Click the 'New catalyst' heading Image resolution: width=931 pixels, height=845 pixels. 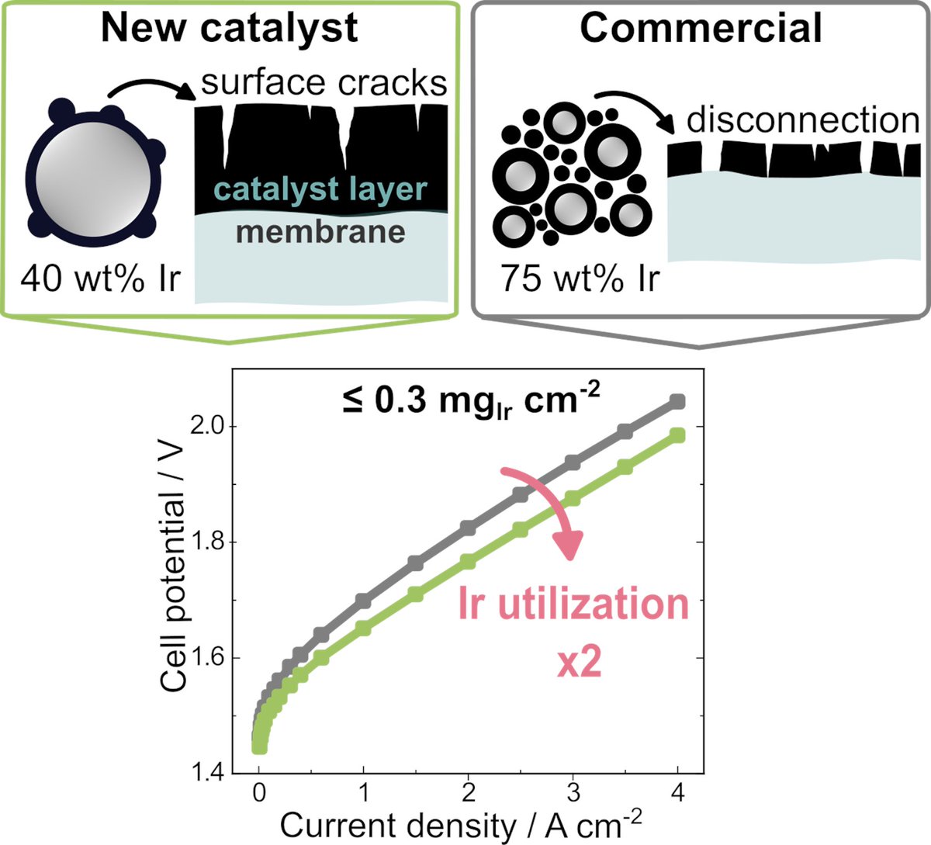point(230,28)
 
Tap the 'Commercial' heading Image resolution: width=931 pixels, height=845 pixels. point(701,28)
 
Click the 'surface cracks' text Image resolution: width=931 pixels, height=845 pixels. point(324,82)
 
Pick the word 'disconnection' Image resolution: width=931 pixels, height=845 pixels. point(803,120)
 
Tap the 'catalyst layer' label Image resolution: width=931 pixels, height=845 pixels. point(320,189)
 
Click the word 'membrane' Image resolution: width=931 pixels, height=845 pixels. point(320,231)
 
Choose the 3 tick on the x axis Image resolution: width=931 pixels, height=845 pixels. point(573,796)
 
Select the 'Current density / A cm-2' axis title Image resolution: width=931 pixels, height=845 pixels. point(461,825)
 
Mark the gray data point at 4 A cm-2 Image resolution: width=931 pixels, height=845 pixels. point(677,401)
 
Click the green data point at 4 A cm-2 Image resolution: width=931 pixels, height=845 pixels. point(677,435)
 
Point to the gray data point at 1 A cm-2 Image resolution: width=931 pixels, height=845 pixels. point(363,600)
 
